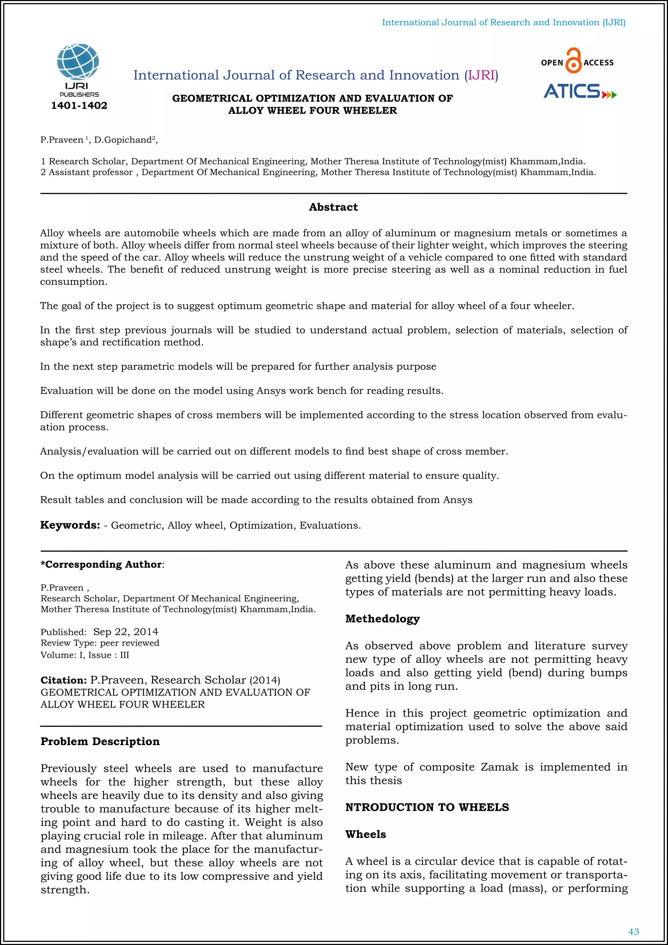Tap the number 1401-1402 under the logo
coord(79,106)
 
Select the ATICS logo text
coord(572,91)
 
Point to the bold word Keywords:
coord(70,525)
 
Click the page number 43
coord(633,931)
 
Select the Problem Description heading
coord(100,741)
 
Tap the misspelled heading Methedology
coord(382,619)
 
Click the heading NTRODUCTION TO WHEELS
coord(427,807)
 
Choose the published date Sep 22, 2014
coord(126,632)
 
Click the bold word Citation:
coord(63,680)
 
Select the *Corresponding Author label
coord(101,564)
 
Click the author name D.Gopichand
coord(123,140)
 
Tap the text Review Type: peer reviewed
coord(99,643)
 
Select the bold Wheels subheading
coord(365,834)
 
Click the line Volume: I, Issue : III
coord(85,655)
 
